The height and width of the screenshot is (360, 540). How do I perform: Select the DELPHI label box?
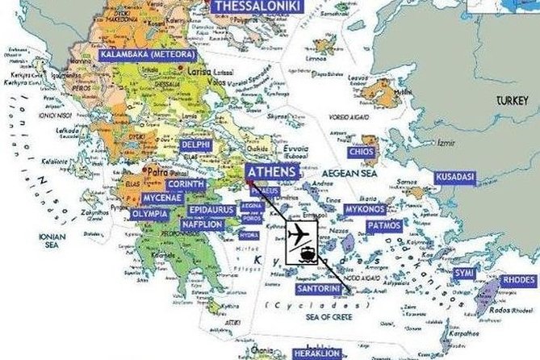pyautogui.click(x=197, y=145)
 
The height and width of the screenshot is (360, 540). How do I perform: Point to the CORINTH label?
pyautogui.click(x=186, y=185)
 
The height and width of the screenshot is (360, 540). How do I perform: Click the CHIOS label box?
pyautogui.click(x=360, y=152)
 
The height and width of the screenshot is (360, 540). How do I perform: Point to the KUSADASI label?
pyautogui.click(x=454, y=176)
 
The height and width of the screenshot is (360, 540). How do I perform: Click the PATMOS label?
pyautogui.click(x=383, y=226)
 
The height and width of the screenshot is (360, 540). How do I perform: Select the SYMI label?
pyautogui.click(x=463, y=273)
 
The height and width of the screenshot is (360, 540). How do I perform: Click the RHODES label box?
pyautogui.click(x=518, y=280)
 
